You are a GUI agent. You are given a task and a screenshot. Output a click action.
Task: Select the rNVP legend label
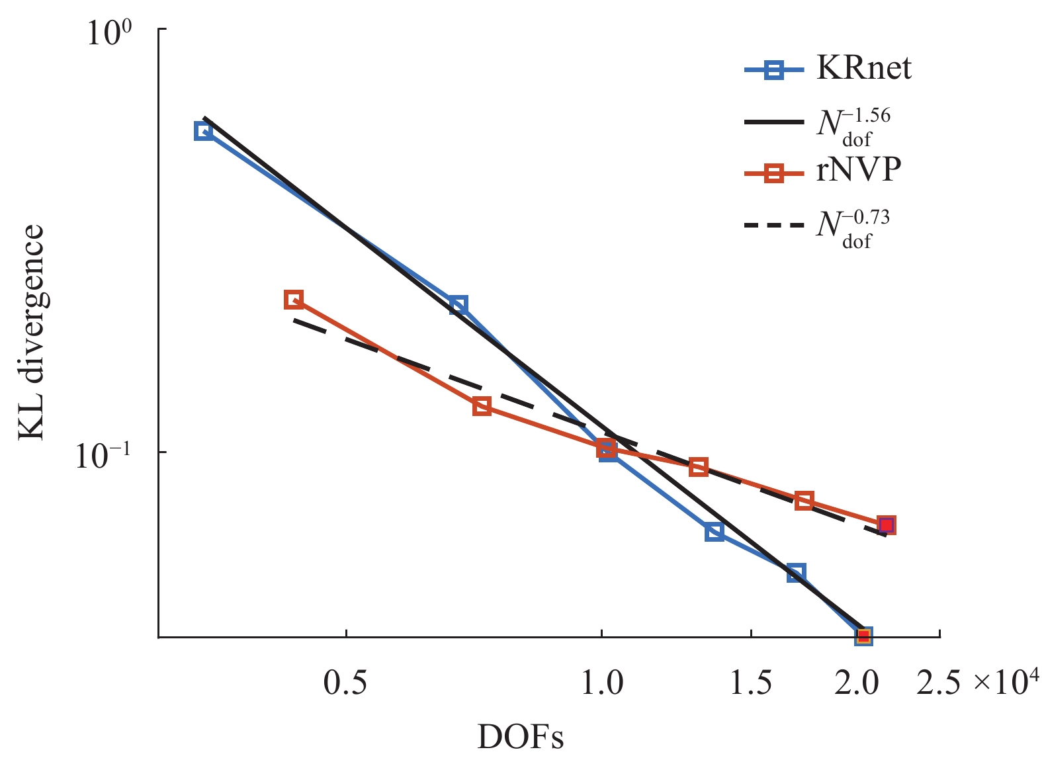(858, 170)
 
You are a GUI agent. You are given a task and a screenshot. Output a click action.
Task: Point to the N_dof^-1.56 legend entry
(853, 125)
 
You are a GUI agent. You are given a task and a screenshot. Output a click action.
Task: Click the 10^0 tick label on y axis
(109, 34)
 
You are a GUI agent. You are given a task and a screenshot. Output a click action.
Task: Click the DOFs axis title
(521, 737)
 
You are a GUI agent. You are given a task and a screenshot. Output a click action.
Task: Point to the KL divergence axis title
(30, 333)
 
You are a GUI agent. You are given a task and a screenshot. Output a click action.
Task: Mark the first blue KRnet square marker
(204, 130)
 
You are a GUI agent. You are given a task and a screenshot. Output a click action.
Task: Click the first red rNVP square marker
(294, 300)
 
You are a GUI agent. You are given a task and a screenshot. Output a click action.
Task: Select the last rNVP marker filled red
(887, 525)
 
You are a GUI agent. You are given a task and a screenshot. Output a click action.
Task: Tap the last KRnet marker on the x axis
(863, 636)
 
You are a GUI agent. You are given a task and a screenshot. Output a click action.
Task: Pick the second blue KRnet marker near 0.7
(458, 305)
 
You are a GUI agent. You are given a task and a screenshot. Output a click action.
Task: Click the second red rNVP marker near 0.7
(482, 406)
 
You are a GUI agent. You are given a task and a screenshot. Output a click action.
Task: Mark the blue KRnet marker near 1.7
(796, 573)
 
